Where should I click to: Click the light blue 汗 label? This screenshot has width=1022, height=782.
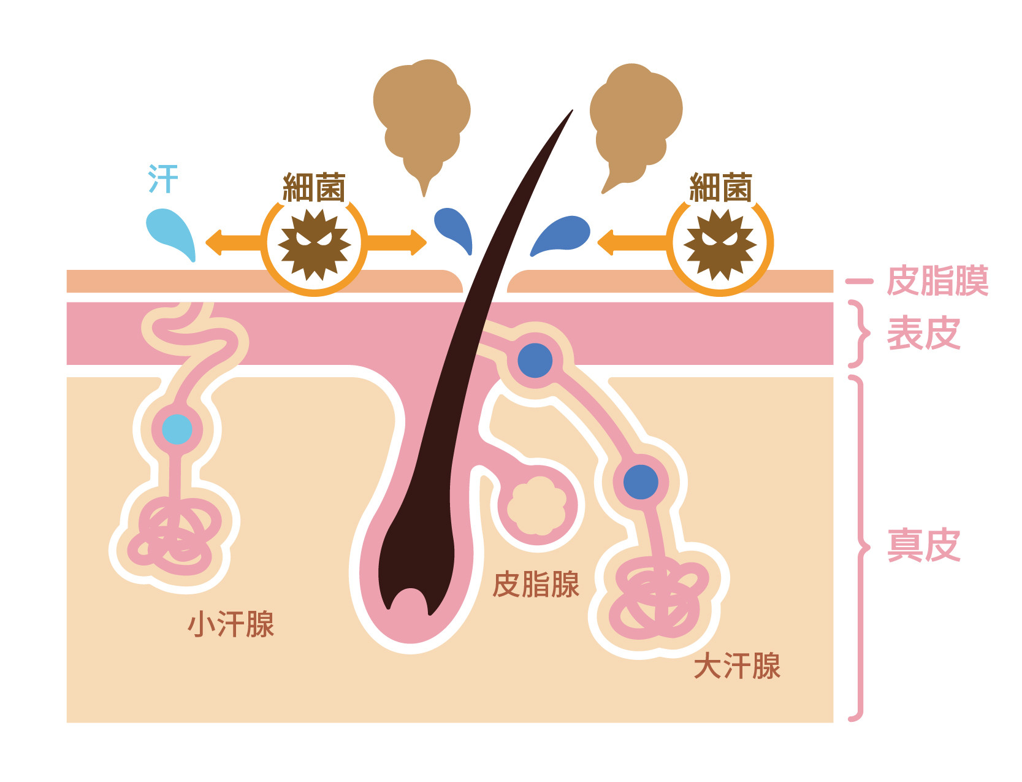tap(163, 178)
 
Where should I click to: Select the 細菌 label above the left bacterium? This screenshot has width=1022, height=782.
tap(314, 188)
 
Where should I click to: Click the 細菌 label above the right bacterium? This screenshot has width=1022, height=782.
tap(720, 188)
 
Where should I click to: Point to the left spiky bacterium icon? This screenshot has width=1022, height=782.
tap(314, 244)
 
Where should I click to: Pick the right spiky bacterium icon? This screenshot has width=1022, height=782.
tap(720, 244)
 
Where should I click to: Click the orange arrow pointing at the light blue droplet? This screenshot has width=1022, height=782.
tap(233, 242)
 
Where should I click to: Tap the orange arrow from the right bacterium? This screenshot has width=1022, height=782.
tap(631, 242)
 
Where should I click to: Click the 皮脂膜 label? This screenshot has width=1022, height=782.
tap(937, 281)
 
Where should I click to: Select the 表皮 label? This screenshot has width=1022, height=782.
tap(923, 334)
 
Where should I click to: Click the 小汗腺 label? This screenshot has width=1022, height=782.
tap(231, 624)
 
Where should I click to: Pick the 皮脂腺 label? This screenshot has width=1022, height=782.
tap(536, 584)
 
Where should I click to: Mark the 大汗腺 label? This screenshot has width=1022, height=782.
tap(737, 666)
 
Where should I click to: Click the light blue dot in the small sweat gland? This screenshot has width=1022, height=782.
tap(177, 429)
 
